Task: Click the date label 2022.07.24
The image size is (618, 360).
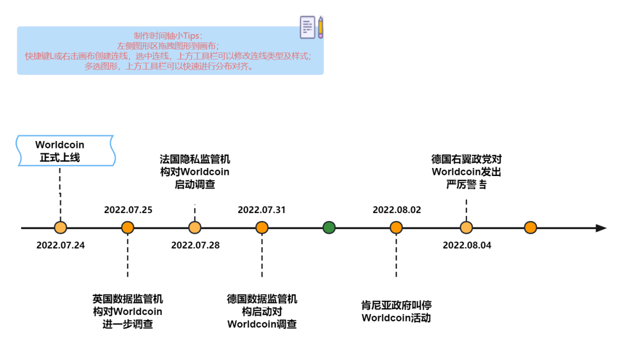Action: click(60, 245)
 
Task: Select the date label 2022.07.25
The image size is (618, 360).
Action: click(128, 209)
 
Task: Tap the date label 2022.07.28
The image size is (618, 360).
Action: click(195, 245)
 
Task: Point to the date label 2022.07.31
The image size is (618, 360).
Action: click(261, 209)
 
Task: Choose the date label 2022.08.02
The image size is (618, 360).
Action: click(397, 209)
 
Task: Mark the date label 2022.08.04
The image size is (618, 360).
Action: click(467, 245)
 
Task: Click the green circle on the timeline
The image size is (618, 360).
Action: click(329, 228)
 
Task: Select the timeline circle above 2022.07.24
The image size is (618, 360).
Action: click(60, 228)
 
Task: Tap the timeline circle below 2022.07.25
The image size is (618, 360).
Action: click(128, 228)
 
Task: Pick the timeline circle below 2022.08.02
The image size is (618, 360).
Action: click(396, 228)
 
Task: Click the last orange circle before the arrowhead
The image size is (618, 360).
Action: click(530, 228)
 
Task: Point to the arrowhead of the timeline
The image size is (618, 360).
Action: click(601, 228)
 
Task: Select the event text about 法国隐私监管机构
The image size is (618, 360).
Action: click(195, 171)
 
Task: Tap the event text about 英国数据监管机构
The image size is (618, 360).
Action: click(128, 311)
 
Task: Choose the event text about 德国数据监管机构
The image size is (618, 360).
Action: click(262, 311)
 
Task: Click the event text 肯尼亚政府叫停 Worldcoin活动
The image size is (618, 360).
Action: click(396, 311)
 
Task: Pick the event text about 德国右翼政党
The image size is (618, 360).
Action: click(466, 171)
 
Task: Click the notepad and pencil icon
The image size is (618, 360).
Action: click(311, 27)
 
